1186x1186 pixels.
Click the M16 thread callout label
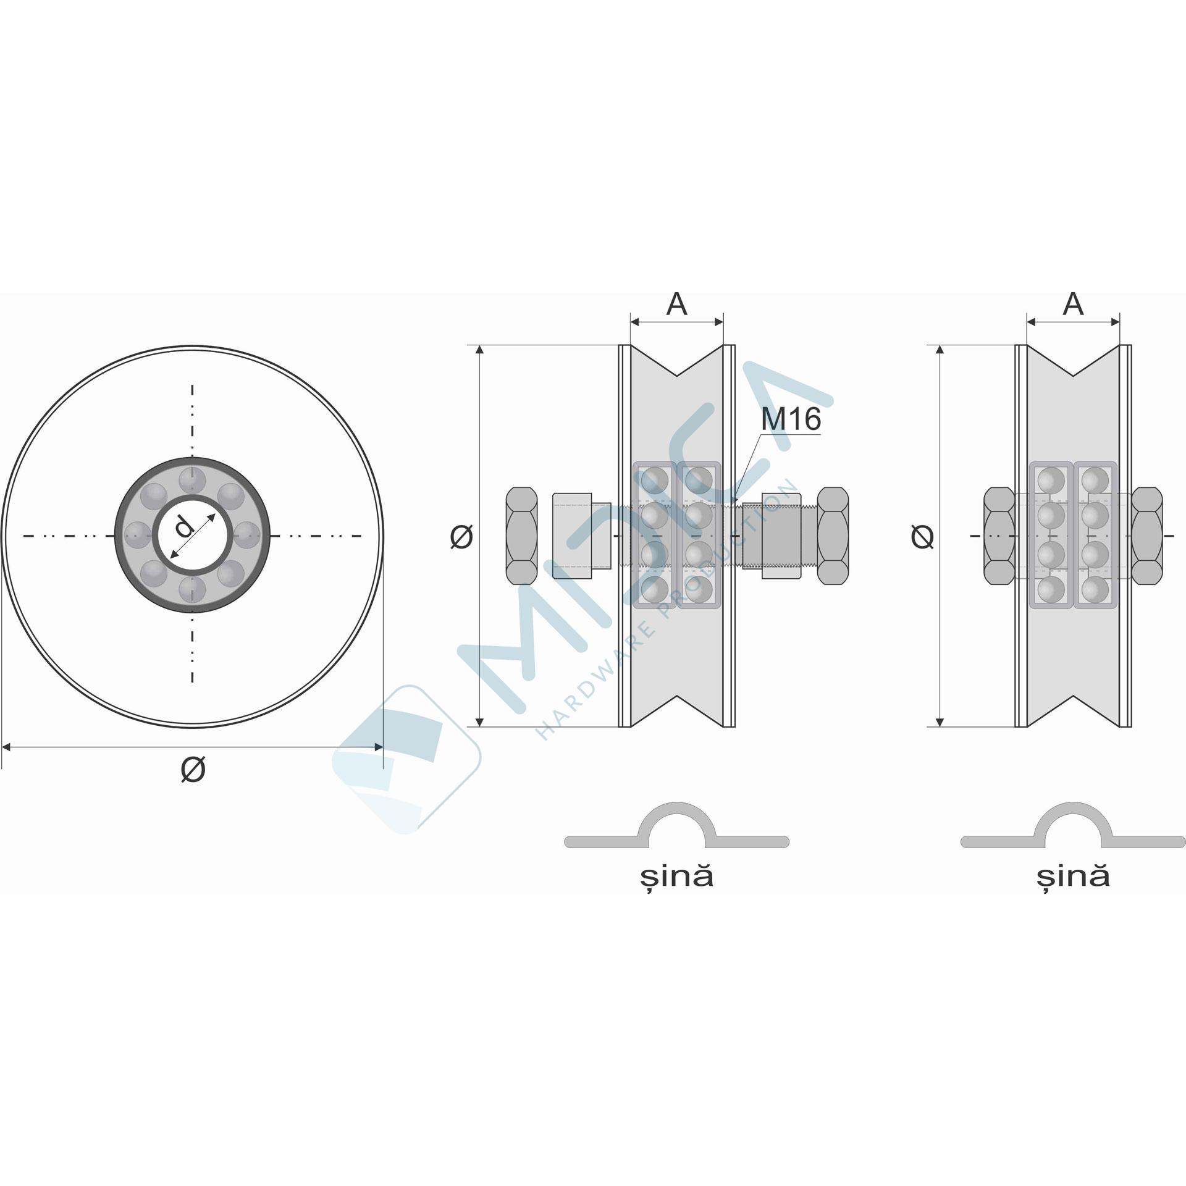point(791,419)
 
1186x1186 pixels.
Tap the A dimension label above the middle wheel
point(677,304)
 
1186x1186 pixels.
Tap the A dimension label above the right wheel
point(1074,304)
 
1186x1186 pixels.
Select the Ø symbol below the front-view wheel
point(193,770)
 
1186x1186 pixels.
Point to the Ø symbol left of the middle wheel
point(461,536)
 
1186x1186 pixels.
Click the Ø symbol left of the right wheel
point(922,536)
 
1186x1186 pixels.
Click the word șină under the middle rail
point(676,877)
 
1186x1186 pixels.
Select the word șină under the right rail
point(1073,877)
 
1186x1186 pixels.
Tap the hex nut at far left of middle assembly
point(521,536)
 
